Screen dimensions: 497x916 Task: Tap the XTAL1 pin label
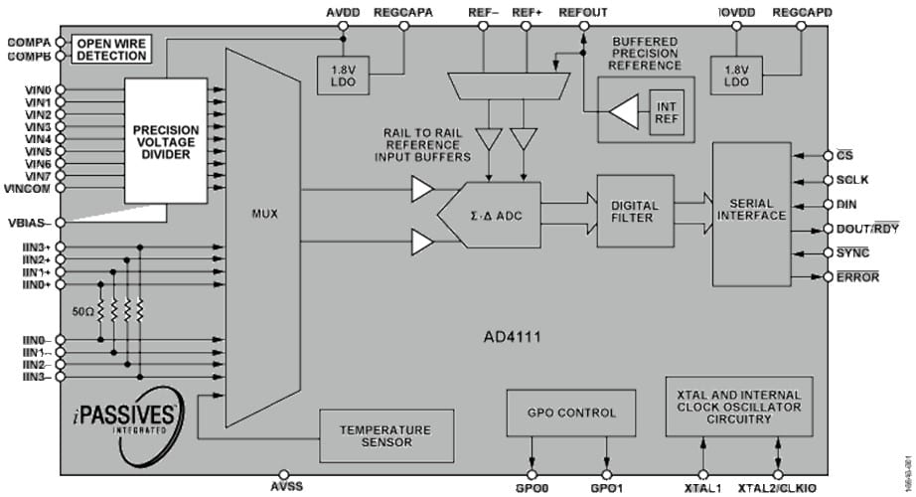[x=703, y=488]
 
